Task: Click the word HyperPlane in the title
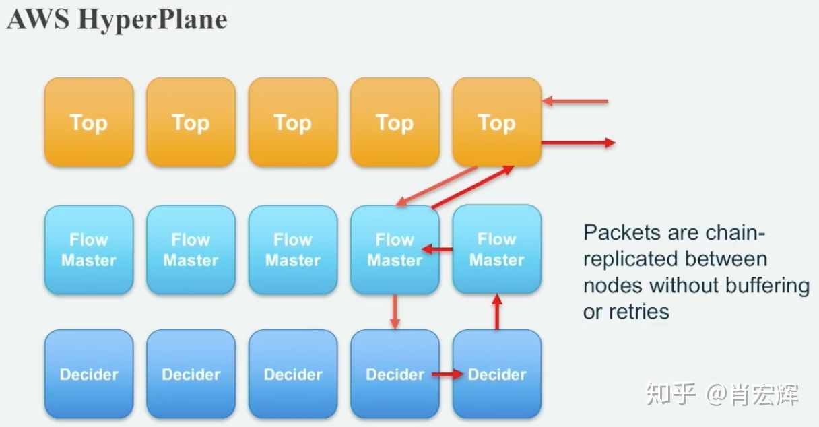coord(152,20)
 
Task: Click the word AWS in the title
coord(38,20)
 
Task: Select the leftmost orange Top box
coord(89,122)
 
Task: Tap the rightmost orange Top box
coord(496,122)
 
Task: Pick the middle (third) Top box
coord(292,122)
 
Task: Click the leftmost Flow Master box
coord(89,249)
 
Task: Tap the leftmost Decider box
coord(89,374)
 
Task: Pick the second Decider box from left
coord(191,374)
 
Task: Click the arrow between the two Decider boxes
coord(447,374)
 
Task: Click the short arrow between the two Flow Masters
coord(437,250)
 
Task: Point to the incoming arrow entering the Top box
coord(575,102)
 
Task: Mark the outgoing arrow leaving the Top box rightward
coord(578,143)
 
